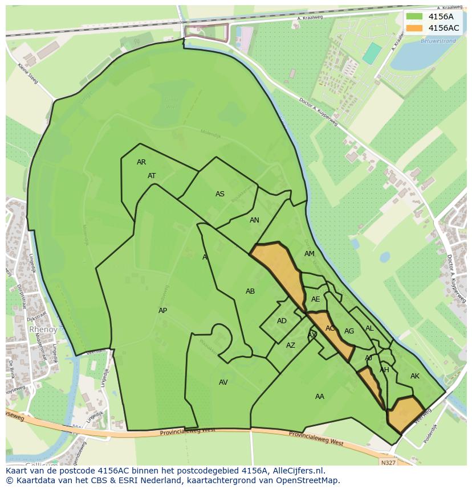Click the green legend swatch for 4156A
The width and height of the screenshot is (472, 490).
coord(414,17)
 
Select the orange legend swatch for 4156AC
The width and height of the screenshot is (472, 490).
coord(414,28)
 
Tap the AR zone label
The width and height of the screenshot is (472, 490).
coord(141,162)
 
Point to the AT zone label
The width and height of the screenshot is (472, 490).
coord(152,176)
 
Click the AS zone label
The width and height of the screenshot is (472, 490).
coord(220,194)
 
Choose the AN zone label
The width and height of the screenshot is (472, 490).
coord(254,220)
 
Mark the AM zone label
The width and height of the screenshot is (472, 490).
coord(310,254)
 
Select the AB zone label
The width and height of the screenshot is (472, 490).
coord(250,291)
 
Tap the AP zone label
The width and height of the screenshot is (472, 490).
coord(163,311)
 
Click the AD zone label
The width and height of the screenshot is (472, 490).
coord(282,321)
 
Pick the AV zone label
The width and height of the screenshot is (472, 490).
coord(223,382)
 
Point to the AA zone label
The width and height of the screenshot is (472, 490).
coord(320,397)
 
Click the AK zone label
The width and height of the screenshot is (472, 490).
coord(415,376)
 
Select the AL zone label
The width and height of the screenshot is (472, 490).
coord(369,328)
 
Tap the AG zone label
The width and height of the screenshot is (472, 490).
coord(349,331)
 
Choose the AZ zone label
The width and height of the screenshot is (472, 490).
coord(291,345)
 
